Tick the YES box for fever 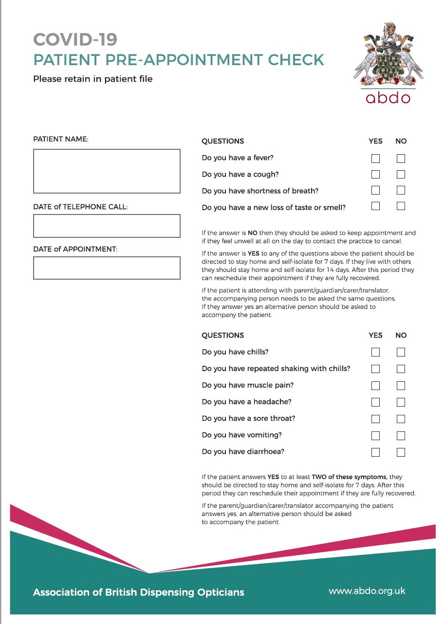point(375,159)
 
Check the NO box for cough point(401,174)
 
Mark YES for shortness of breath point(375,190)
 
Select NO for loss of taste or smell point(401,206)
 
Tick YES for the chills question point(375,352)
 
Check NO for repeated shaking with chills point(401,369)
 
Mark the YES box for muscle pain point(375,386)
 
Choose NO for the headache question point(401,402)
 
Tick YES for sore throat point(375,419)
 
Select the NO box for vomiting point(401,435)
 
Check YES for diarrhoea point(375,452)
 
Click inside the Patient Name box point(107,171)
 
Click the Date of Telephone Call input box point(107,226)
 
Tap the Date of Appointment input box point(107,268)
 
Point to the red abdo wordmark point(388,98)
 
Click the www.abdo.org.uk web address point(367,591)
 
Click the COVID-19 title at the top point(75,39)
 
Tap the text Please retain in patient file point(92,78)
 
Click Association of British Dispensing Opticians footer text point(139,592)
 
